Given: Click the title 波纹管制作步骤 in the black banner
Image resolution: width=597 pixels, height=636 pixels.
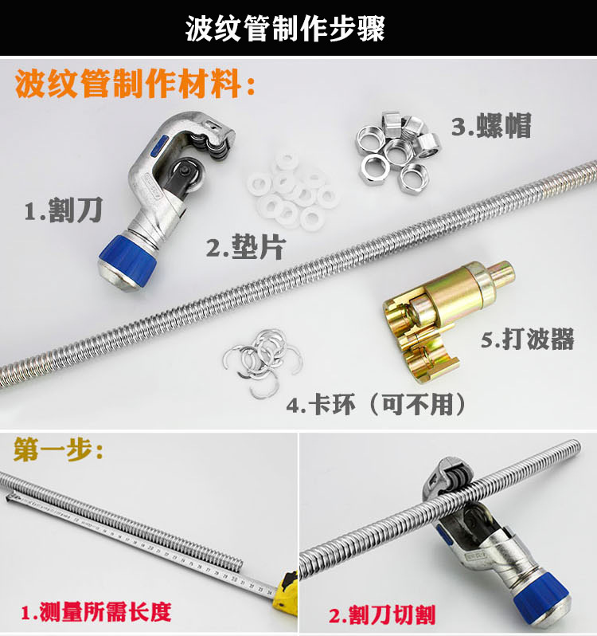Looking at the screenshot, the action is click(x=285, y=29).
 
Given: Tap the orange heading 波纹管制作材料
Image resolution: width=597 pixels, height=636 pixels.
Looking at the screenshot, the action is click(x=135, y=84).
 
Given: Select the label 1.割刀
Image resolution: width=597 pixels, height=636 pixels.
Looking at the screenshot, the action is click(x=64, y=210).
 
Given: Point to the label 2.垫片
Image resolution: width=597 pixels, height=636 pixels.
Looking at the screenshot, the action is click(x=246, y=247).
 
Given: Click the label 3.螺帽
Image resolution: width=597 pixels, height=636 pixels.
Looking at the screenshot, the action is click(x=491, y=125).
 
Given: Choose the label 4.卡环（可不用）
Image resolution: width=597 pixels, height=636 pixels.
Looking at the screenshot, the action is click(x=377, y=404).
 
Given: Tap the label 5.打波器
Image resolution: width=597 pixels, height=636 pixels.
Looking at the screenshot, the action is click(x=527, y=339).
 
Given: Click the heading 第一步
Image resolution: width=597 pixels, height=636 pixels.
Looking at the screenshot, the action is click(x=59, y=450).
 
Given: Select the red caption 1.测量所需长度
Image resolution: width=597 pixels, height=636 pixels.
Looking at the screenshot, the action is click(x=96, y=612).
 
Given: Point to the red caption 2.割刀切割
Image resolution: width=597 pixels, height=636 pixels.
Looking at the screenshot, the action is click(x=382, y=614).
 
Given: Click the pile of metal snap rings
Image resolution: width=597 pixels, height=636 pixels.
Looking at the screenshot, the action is click(x=262, y=360).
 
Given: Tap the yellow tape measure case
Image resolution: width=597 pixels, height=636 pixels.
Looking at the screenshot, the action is click(x=286, y=591).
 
